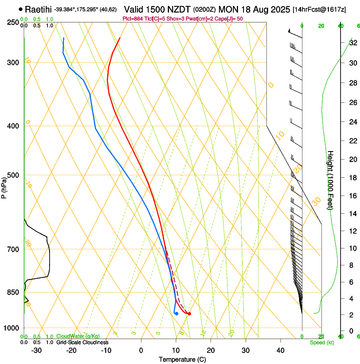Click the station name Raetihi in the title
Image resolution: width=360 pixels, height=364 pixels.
coord(39,9)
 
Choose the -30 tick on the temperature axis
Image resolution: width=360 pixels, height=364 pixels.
coord(36,350)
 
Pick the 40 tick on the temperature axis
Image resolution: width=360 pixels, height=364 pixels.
coord(280,350)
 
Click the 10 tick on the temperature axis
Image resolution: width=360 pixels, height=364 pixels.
coord(176,350)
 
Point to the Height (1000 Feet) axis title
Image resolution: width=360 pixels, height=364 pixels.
coord(330,180)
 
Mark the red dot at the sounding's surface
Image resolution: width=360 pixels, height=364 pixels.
coord(189,314)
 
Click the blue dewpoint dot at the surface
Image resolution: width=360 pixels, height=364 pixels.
coord(176,314)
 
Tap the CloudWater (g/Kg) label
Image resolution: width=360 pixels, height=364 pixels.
coord(78,336)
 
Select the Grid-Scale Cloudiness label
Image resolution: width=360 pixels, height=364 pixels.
coord(82,342)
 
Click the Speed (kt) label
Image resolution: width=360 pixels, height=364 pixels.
coord(321,342)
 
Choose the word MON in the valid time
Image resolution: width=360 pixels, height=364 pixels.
coord(228,9)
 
